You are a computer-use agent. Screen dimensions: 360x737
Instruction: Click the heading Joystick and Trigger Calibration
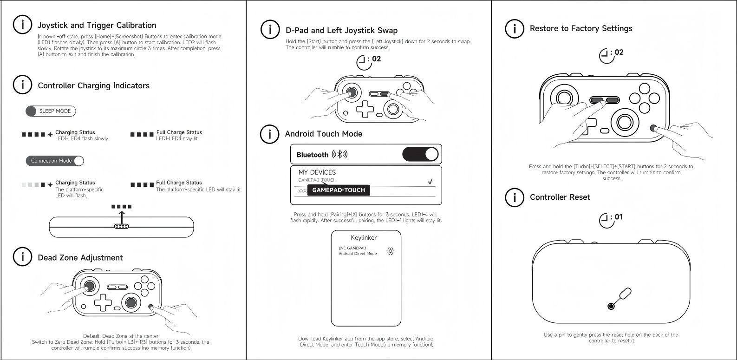pyautogui.click(x=97, y=26)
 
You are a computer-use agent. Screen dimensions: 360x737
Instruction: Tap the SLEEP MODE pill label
pyautogui.click(x=55, y=111)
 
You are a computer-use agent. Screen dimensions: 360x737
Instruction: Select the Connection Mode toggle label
pyautogui.click(x=51, y=161)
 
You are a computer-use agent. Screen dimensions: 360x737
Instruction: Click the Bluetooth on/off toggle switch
pyautogui.click(x=421, y=154)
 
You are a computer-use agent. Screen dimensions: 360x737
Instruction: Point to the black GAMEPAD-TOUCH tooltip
pyautogui.click(x=339, y=190)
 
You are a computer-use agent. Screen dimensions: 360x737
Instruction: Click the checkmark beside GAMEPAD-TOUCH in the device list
pyautogui.click(x=430, y=182)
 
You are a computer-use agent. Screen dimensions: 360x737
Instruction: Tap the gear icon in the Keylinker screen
pyautogui.click(x=390, y=251)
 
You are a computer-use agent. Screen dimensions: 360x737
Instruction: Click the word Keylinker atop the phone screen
pyautogui.click(x=364, y=238)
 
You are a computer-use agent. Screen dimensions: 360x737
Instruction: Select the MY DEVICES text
pyautogui.click(x=317, y=172)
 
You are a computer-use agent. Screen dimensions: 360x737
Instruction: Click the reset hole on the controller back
pyautogui.click(x=611, y=306)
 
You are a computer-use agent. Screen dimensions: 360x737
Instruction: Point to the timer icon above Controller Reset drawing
pyautogui.click(x=606, y=220)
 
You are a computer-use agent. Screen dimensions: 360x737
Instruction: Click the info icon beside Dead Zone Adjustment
pyautogui.click(x=22, y=257)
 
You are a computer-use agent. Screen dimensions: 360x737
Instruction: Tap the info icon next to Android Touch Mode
pyautogui.click(x=269, y=134)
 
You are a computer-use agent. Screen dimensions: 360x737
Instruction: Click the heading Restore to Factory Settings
pyautogui.click(x=581, y=29)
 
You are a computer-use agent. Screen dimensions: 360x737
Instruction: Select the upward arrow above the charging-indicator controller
pyautogui.click(x=122, y=216)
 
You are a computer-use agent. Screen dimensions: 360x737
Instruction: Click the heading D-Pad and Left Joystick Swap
pyautogui.click(x=341, y=31)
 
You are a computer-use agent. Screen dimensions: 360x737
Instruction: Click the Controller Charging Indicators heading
pyautogui.click(x=93, y=86)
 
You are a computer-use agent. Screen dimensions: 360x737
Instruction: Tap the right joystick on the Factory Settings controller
pyautogui.click(x=624, y=122)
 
